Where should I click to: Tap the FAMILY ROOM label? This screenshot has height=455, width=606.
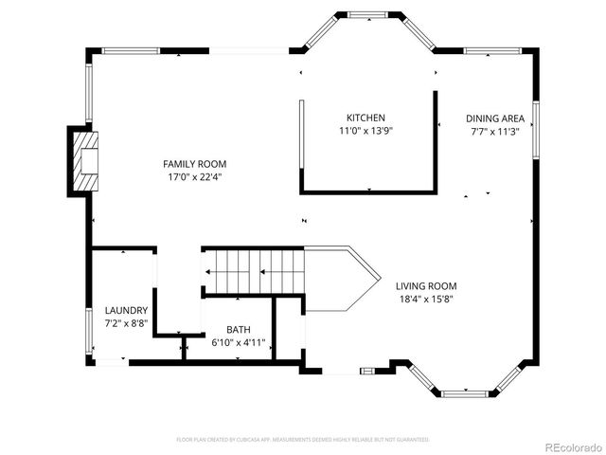point(194,164)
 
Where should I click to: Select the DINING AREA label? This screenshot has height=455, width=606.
point(494,118)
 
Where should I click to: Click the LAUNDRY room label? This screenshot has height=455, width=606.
point(126,310)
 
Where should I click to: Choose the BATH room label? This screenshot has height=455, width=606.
point(238,330)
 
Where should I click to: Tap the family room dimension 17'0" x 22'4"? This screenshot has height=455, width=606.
point(194,177)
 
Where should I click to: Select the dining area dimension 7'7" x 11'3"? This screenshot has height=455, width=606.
point(494,133)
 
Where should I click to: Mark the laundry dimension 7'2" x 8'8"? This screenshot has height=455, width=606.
point(126,323)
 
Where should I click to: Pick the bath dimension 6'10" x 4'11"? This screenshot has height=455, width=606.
point(238,343)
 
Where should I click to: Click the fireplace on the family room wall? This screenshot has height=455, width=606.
point(85,161)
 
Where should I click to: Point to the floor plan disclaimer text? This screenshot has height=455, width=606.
point(303,440)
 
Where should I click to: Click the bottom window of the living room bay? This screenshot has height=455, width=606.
point(464,392)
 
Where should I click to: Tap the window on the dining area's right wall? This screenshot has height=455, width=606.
point(535,127)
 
